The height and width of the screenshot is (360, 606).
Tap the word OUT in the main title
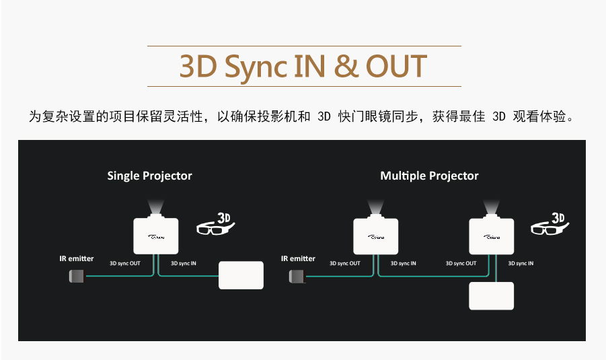click(x=397, y=66)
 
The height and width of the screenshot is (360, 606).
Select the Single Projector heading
click(x=149, y=176)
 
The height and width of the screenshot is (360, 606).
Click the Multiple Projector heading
click(x=429, y=176)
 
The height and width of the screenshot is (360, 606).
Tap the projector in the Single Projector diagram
click(x=155, y=235)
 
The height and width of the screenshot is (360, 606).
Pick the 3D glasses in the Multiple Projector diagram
click(x=547, y=225)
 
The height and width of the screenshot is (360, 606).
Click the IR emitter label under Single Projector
click(x=77, y=258)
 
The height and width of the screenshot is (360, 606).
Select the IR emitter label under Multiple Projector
click(x=298, y=258)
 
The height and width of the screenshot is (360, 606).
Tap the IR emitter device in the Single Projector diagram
click(x=77, y=275)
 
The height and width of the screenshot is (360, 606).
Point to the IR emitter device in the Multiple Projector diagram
click(x=297, y=275)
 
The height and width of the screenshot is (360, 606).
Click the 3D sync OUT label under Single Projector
click(x=125, y=263)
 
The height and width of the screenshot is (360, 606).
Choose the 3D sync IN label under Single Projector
click(x=184, y=263)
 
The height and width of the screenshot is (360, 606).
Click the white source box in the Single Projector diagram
click(x=241, y=275)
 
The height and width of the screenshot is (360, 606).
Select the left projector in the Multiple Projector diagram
click(x=376, y=236)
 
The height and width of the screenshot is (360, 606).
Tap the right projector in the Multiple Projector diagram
click(x=492, y=236)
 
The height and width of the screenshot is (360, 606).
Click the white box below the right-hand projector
click(x=491, y=296)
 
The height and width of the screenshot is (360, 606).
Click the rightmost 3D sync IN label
click(x=521, y=263)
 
